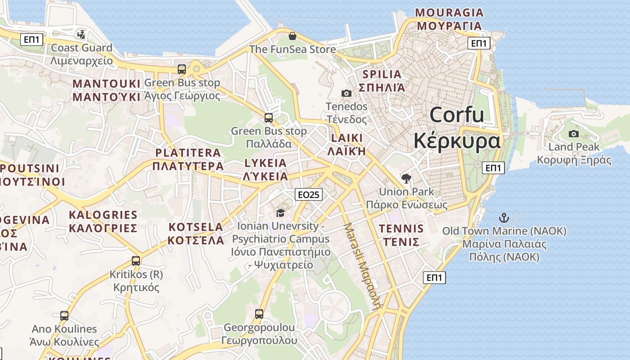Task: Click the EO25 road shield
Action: click(x=309, y=194)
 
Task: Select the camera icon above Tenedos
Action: click(x=346, y=93)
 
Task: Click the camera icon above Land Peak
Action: click(x=574, y=134)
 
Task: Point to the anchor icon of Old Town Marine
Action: click(x=504, y=218)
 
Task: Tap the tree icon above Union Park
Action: click(x=406, y=179)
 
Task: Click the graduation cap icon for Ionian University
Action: click(x=281, y=213)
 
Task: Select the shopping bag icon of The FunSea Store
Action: click(x=292, y=36)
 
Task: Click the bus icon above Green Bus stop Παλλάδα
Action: click(x=269, y=118)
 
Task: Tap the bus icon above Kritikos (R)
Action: click(x=136, y=261)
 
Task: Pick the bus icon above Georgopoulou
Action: click(x=259, y=314)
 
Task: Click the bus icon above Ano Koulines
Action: click(x=64, y=315)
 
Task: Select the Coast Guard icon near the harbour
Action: click(x=81, y=34)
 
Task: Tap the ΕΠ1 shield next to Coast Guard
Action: click(x=31, y=40)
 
